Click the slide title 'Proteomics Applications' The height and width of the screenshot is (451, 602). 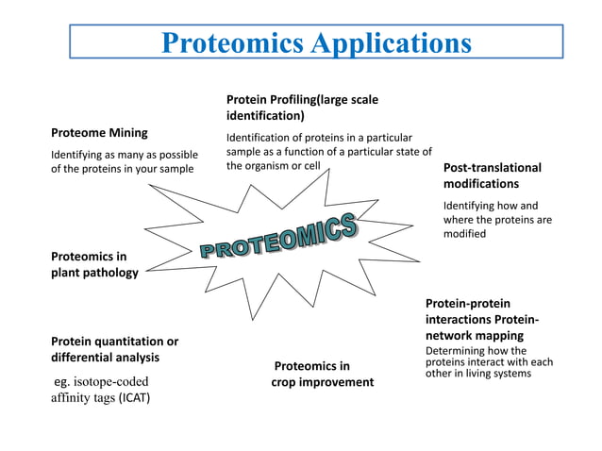316,42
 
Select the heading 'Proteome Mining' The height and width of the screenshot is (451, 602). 99,133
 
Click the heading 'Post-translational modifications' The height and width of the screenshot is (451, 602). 493,175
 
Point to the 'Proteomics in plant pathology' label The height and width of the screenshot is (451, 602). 94,264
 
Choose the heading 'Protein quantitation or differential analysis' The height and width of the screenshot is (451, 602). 114,349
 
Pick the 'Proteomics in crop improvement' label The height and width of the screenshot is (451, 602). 322,374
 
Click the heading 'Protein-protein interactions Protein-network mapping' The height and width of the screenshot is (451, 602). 482,319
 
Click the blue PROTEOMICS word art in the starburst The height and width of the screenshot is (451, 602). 279,236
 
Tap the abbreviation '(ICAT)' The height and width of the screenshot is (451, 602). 134,397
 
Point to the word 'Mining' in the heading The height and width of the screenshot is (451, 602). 127,133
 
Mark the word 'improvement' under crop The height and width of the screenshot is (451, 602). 336,382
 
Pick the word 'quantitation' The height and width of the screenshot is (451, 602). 127,341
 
